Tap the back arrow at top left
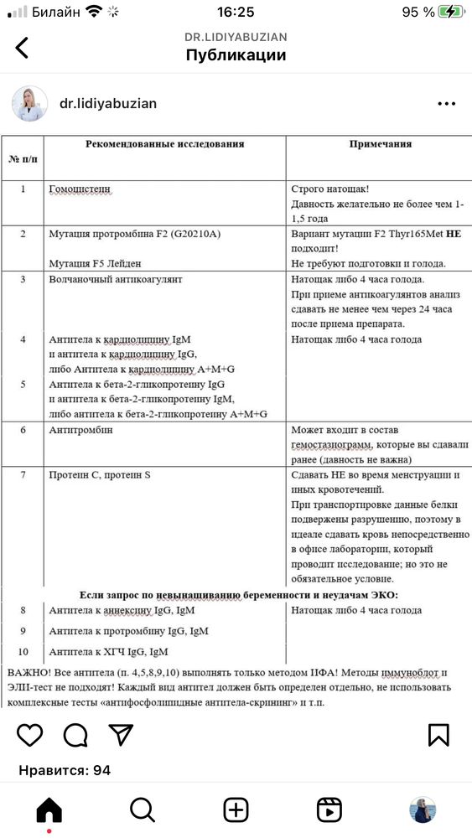[22, 48]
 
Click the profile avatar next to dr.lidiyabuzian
[29, 104]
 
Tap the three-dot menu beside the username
[446, 104]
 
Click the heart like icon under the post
[29, 735]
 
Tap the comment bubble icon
[75, 735]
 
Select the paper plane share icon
[122, 735]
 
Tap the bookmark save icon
[438, 735]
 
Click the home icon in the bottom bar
[49, 810]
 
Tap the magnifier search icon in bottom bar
[143, 810]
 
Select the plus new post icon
[236, 810]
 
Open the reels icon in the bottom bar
[329, 810]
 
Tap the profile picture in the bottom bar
[422, 810]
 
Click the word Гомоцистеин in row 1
[80, 189]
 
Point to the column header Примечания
[380, 144]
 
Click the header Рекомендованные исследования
[164, 144]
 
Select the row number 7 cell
[23, 475]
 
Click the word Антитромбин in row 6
[80, 430]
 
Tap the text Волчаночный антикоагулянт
[116, 278]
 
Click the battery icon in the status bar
[451, 12]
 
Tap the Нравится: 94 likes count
[65, 770]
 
